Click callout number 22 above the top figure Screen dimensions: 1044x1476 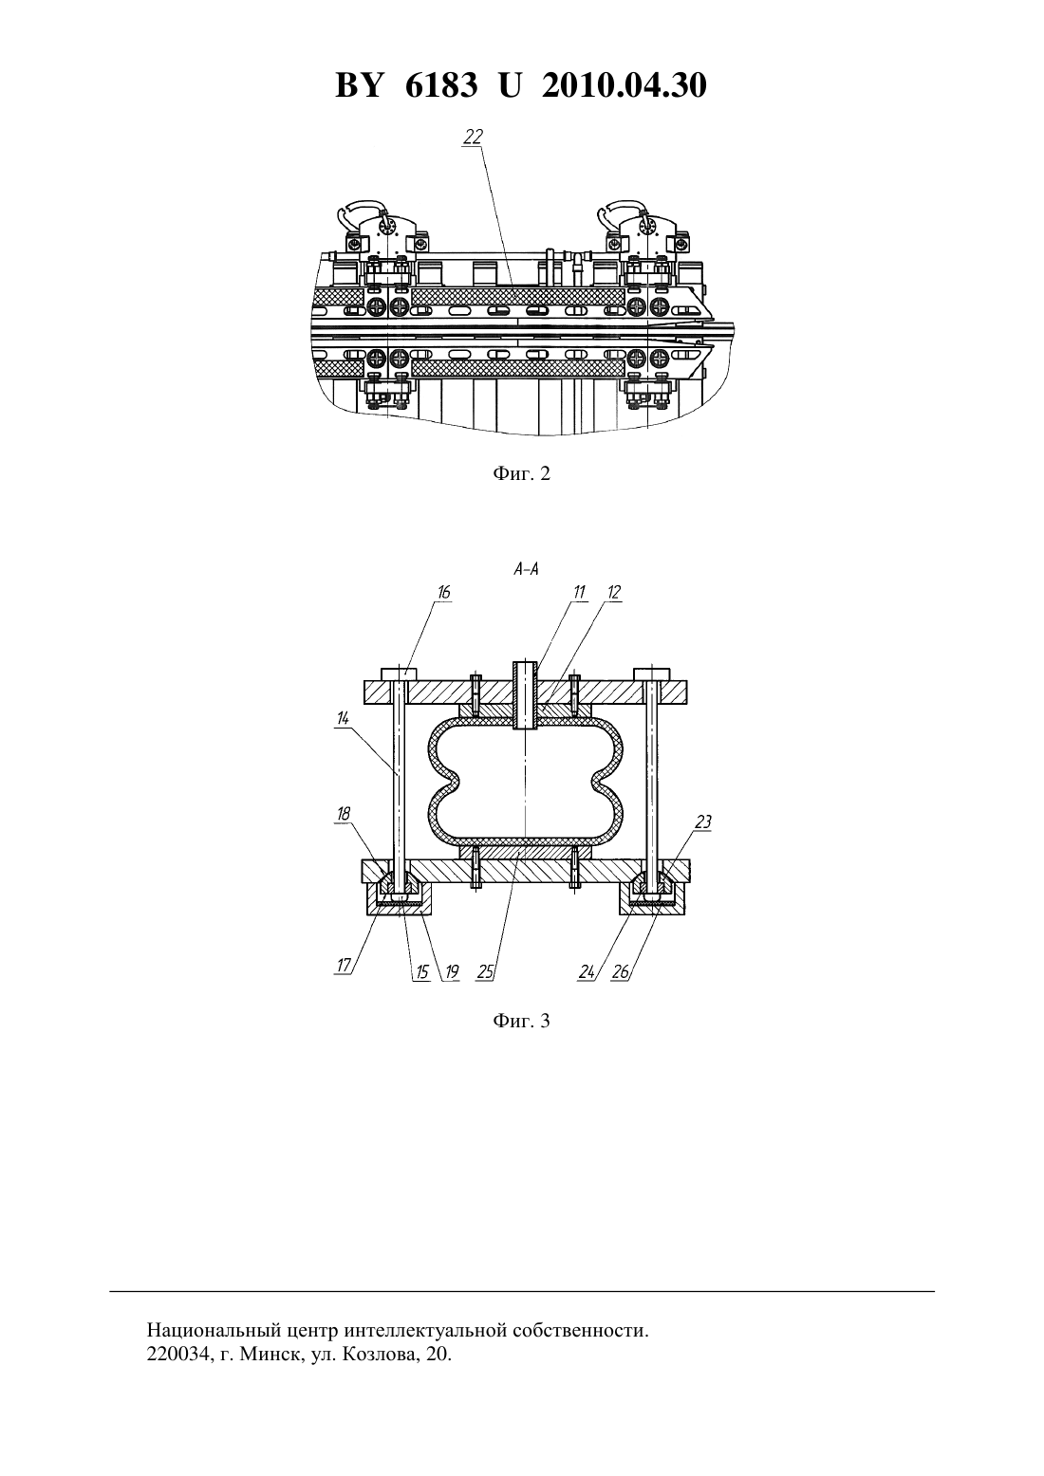tap(474, 137)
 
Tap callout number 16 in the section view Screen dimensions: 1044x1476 tap(443, 592)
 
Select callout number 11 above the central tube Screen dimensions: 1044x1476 tap(579, 592)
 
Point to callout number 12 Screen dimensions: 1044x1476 tap(614, 592)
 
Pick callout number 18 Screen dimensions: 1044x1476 tap(343, 814)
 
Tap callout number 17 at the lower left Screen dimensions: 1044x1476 tap(344, 966)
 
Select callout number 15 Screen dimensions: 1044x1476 tap(421, 972)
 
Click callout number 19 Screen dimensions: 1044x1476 tap(452, 972)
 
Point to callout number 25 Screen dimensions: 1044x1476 tap(485, 972)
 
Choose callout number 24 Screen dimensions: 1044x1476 tap(587, 972)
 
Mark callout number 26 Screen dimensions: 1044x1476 tap(620, 972)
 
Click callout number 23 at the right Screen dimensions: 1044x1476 tap(703, 821)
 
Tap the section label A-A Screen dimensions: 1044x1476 tap(526, 569)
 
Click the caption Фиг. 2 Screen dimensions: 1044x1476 tap(521, 473)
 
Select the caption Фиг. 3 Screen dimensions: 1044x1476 tap(521, 1022)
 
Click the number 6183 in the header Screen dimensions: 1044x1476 tap(441, 85)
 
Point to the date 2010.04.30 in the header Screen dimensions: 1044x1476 tap(625, 85)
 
